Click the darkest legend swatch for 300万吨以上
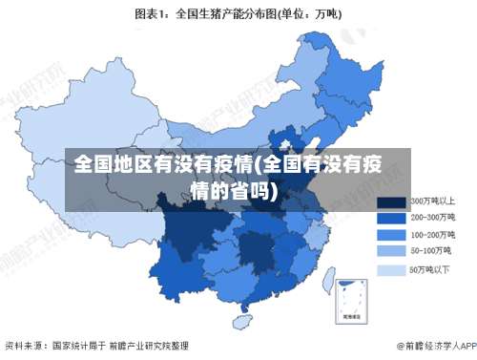[391, 202]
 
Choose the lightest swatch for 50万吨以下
[391, 270]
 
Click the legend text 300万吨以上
[432, 201]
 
